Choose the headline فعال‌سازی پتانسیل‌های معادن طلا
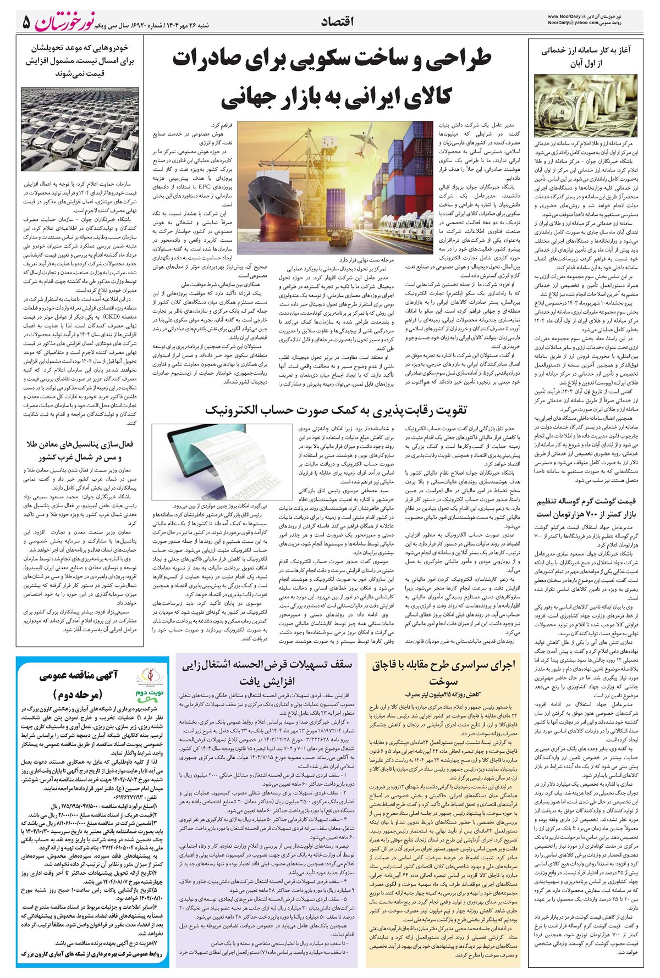coord(80,450)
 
